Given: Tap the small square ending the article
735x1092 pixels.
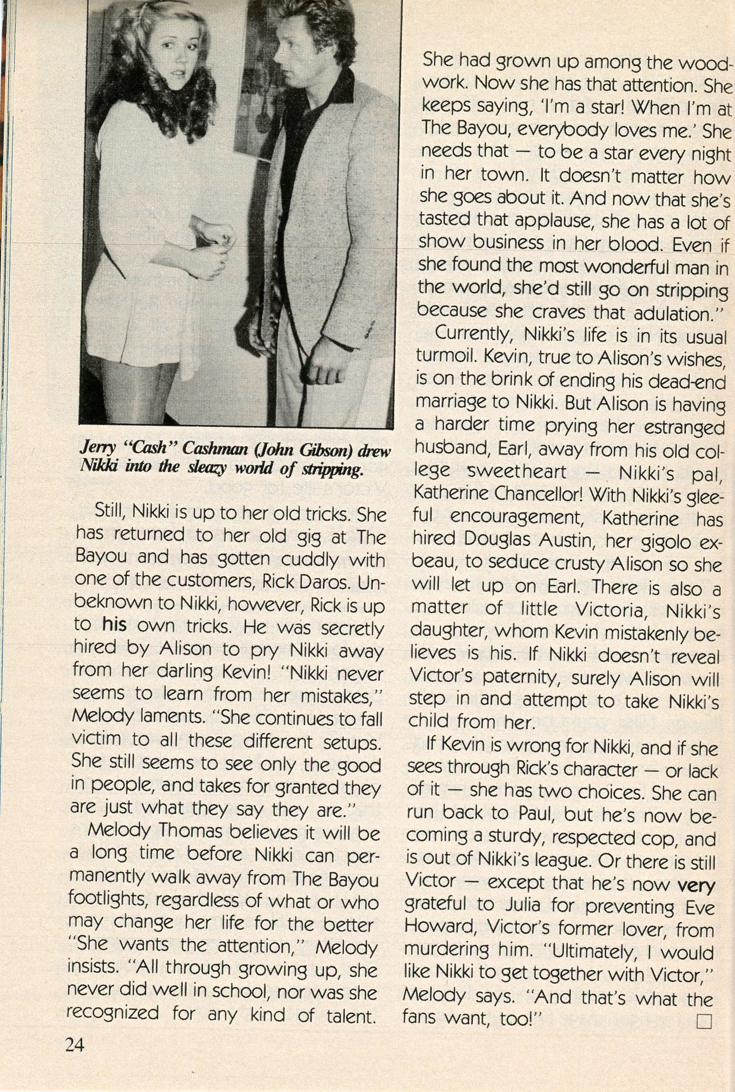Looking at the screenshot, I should [704, 1021].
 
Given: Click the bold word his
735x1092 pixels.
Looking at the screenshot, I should [114, 625].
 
